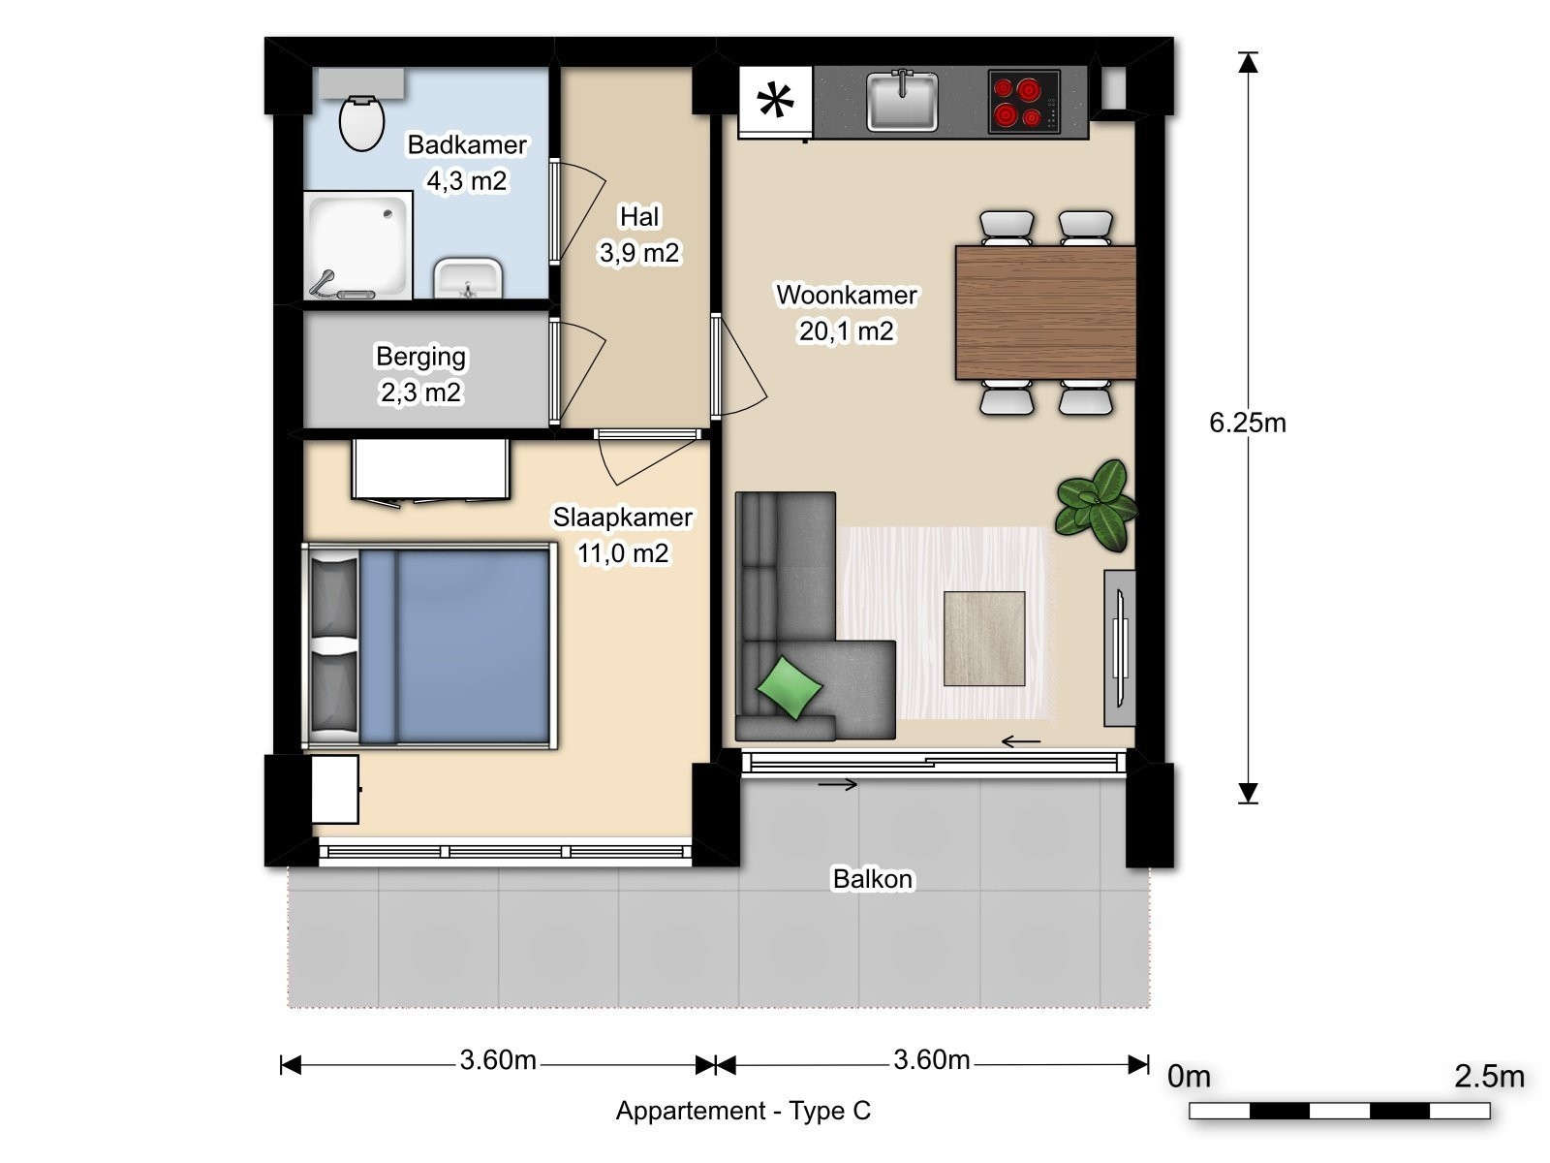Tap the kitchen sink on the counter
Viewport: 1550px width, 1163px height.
click(x=902, y=101)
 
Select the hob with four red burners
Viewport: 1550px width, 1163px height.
click(x=1024, y=101)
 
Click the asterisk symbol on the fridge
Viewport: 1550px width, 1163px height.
click(x=775, y=100)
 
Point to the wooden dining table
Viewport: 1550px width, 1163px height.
click(x=1045, y=312)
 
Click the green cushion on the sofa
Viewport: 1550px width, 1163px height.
click(x=790, y=687)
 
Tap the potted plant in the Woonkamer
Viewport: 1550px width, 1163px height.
click(x=1096, y=504)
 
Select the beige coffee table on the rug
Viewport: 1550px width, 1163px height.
click(x=984, y=639)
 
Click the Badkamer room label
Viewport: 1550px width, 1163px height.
click(x=467, y=144)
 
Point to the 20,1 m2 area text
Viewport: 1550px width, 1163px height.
click(x=846, y=330)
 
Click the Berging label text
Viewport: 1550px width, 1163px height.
click(x=420, y=357)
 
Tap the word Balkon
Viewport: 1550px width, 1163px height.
click(x=873, y=879)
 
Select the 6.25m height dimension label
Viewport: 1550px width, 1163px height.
click(x=1248, y=423)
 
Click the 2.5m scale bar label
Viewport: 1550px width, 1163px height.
click(x=1489, y=1076)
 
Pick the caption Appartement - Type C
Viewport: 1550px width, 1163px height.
click(x=744, y=1111)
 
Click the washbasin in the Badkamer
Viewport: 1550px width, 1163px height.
click(x=468, y=278)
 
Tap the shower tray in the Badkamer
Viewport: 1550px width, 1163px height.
click(x=358, y=245)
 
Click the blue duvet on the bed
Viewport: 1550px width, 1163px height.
click(x=454, y=646)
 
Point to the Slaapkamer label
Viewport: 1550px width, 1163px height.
click(x=622, y=518)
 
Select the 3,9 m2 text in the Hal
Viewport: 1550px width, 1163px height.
click(x=639, y=253)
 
